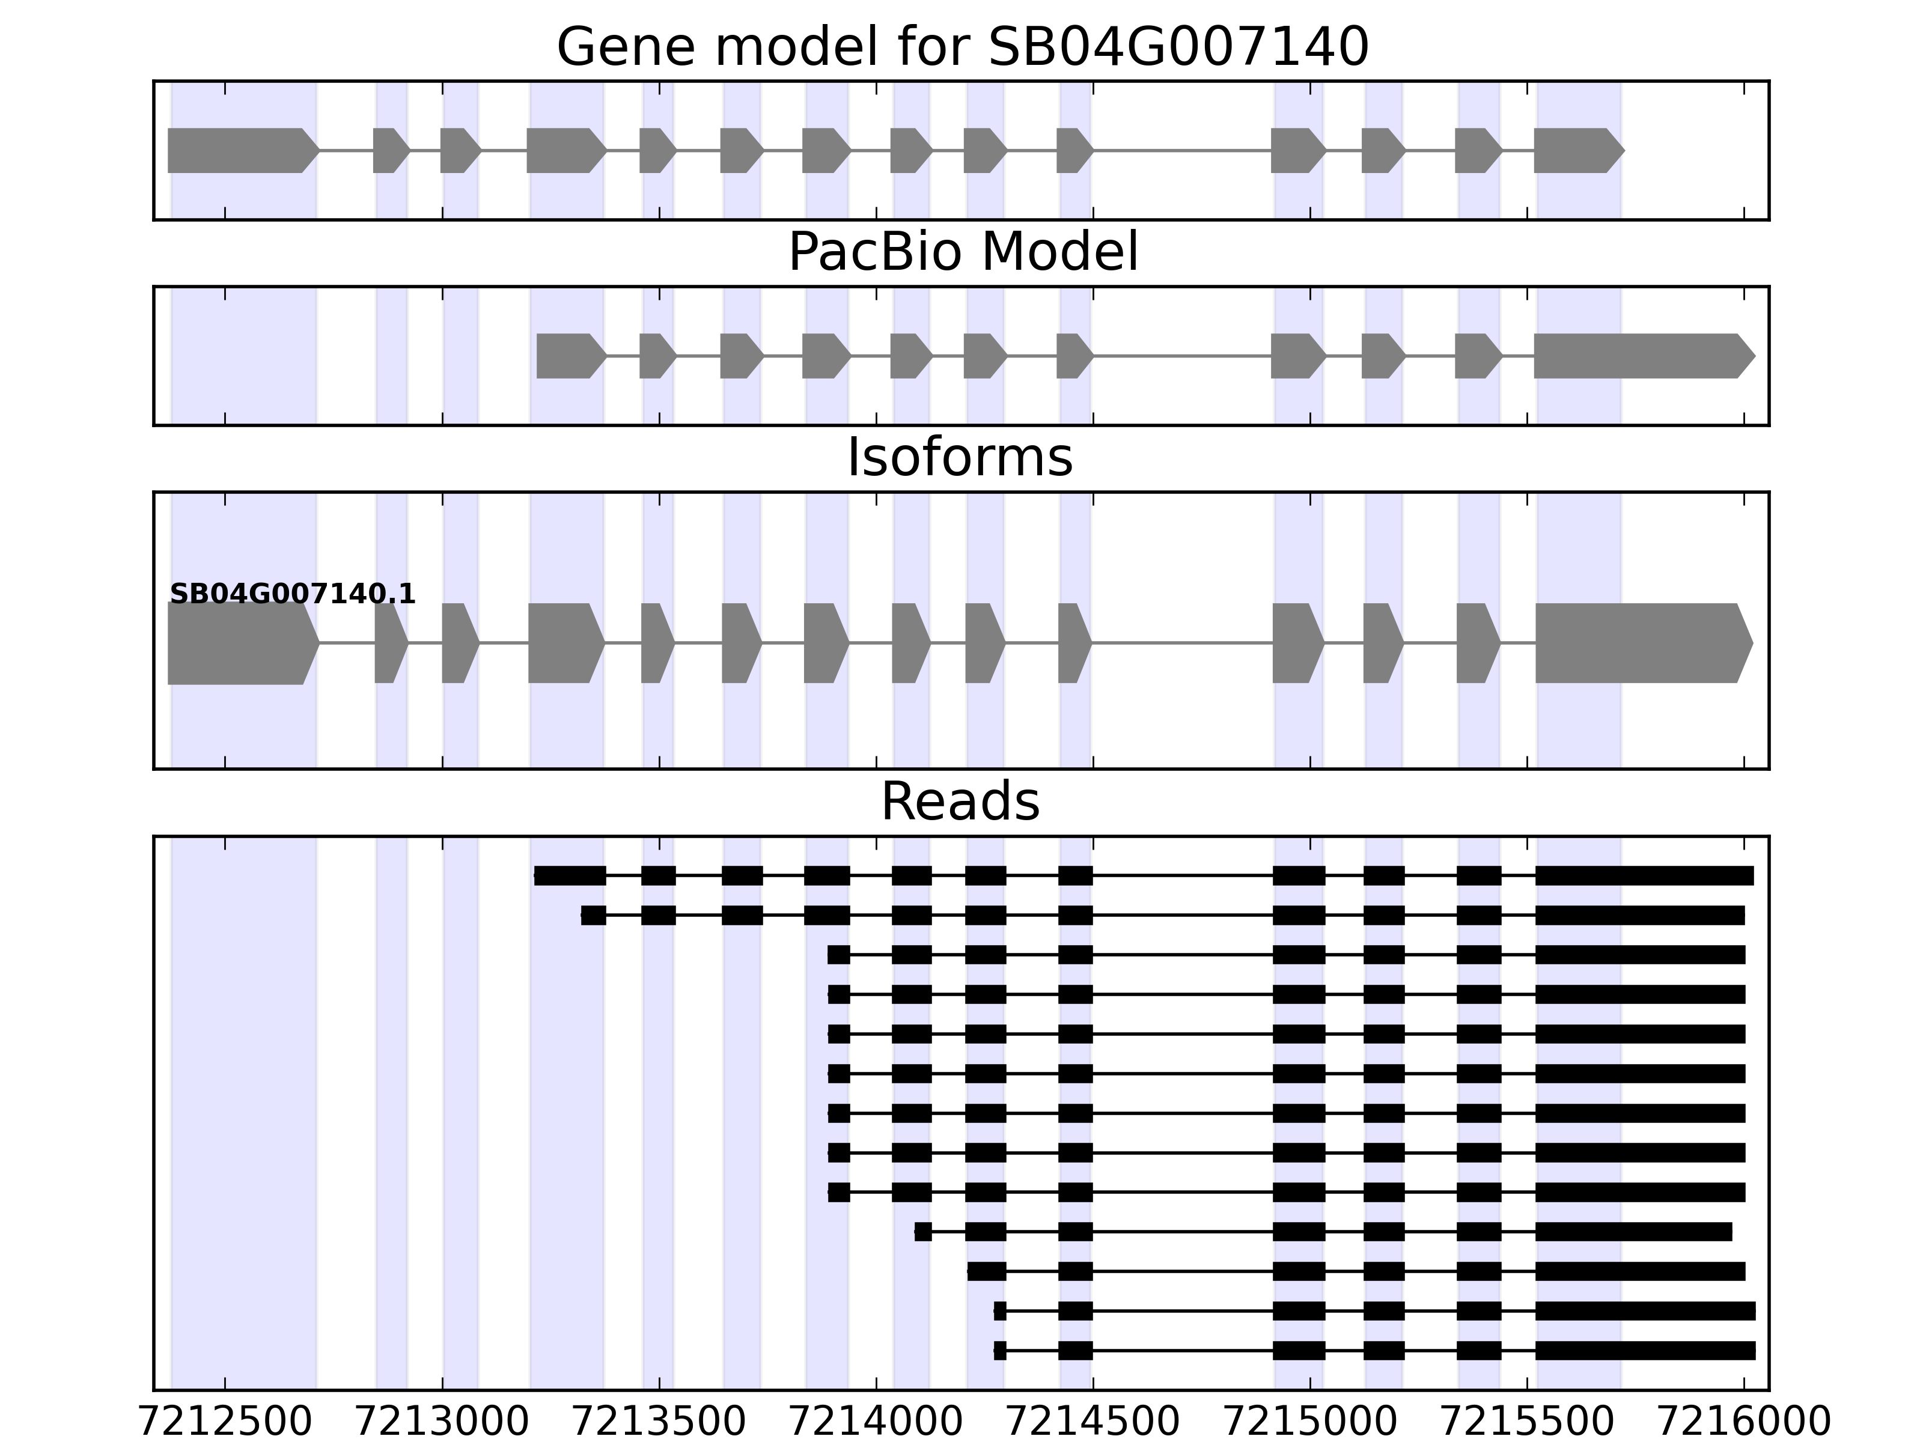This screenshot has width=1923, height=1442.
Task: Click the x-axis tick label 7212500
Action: click(225, 1422)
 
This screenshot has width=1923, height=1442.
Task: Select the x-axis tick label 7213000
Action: click(442, 1422)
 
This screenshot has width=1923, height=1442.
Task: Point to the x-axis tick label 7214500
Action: click(1093, 1422)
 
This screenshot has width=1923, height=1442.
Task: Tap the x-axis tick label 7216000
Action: click(1744, 1422)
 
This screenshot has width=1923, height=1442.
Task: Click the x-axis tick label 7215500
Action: click(1528, 1422)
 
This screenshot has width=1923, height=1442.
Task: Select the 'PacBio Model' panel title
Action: click(961, 252)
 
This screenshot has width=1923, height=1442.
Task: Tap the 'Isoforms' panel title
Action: click(960, 458)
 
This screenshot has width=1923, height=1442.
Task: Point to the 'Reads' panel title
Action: click(960, 802)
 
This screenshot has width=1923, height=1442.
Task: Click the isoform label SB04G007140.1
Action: click(292, 595)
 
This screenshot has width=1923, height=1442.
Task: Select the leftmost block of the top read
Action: click(570, 875)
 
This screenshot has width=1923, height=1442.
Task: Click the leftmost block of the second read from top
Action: click(593, 915)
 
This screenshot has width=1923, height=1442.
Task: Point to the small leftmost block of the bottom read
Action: click(1000, 1351)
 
